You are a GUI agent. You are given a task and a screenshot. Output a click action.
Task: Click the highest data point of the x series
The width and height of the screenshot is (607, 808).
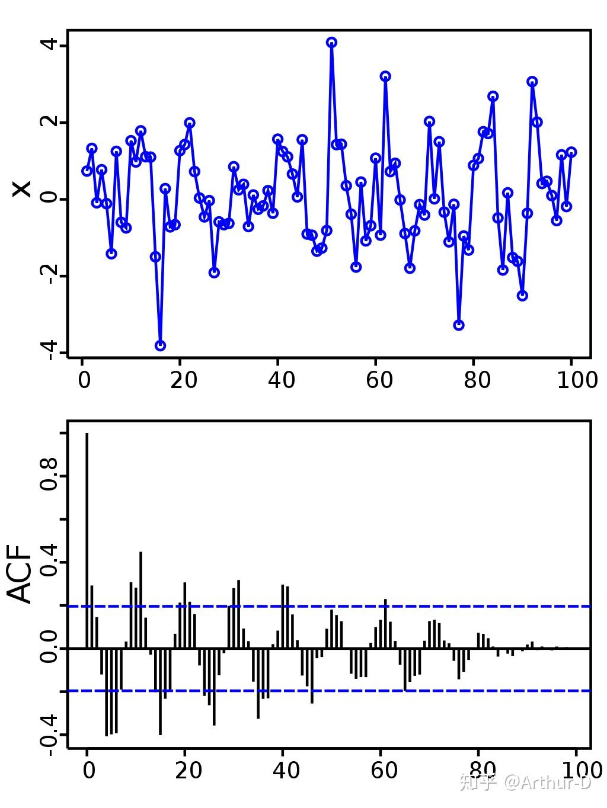(331, 42)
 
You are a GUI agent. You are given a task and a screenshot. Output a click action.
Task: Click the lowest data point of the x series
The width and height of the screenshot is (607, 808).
(160, 345)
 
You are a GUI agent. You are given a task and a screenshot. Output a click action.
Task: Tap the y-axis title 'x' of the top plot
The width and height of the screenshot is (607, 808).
(22, 189)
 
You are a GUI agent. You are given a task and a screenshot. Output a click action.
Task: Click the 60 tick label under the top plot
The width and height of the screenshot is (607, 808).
(379, 380)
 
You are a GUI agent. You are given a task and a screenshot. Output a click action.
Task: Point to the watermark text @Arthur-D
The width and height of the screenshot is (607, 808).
(547, 783)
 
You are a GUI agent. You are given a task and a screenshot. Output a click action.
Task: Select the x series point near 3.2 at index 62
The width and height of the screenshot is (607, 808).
(385, 76)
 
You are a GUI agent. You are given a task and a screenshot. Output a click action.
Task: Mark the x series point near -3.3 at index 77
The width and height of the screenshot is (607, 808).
(459, 325)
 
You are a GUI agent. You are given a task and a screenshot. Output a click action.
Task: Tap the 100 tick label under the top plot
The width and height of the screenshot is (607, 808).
(577, 380)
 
